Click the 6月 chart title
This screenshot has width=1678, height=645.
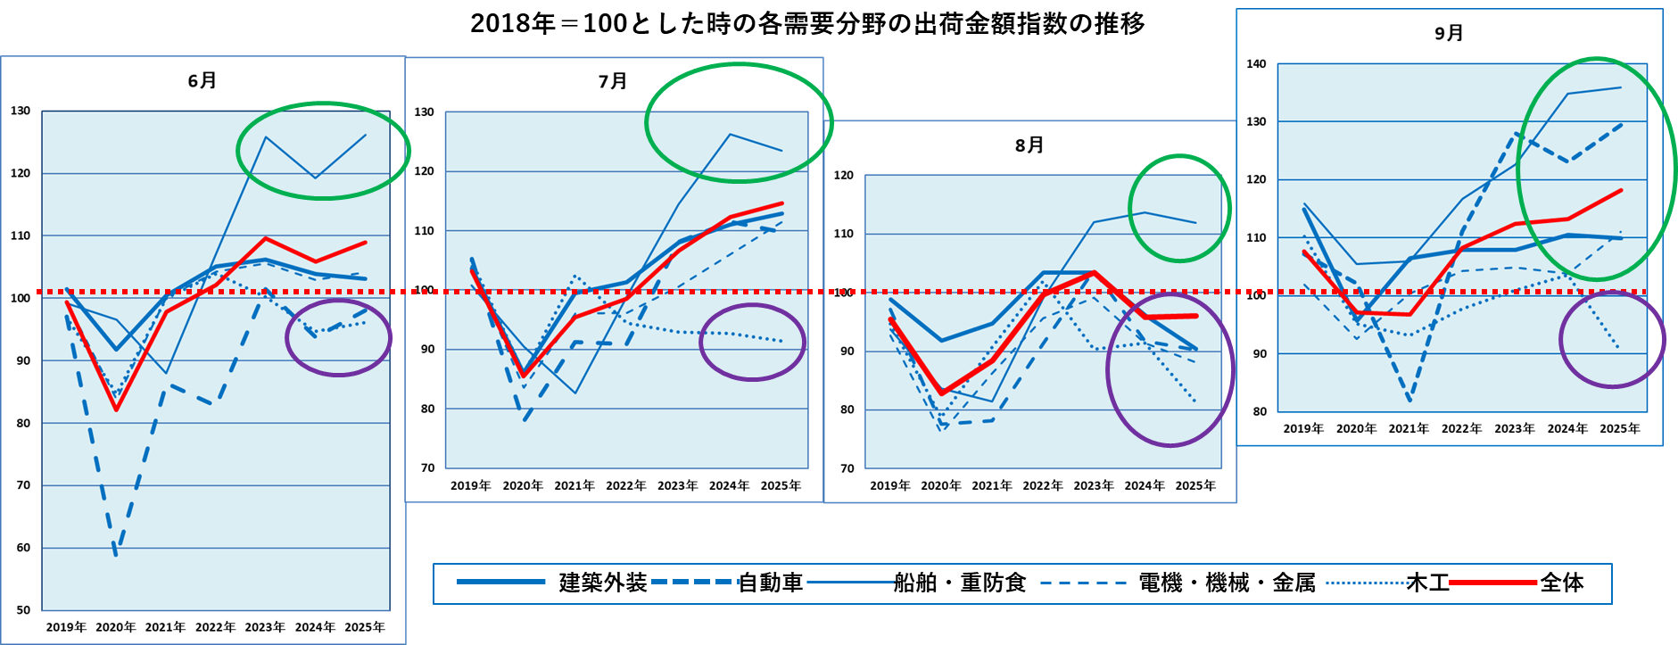coord(203,80)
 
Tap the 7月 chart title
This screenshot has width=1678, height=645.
coord(613,81)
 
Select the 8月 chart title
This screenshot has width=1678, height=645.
coord(1029,145)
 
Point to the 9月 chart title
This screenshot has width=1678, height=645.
coord(1449,33)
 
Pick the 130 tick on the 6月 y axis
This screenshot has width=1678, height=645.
coord(21,111)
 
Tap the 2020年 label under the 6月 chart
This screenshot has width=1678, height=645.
coord(116,627)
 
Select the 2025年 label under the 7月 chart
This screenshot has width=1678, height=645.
coord(781,485)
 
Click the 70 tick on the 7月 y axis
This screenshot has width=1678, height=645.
coord(428,467)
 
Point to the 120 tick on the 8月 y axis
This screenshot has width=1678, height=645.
coord(844,175)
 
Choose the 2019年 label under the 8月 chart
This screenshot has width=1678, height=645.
coord(890,485)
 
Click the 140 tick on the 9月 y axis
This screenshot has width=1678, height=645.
coord(1256,63)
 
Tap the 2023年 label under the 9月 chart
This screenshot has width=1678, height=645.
coord(1515,428)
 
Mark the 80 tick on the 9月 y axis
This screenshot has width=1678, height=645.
coord(1260,411)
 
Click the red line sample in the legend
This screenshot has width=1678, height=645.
coord(1492,583)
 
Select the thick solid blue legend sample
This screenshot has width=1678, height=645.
coord(500,582)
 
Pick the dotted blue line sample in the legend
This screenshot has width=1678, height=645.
coord(1368,583)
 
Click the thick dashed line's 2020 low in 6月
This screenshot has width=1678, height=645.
coord(116,555)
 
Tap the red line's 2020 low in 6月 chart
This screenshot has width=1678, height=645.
coord(116,409)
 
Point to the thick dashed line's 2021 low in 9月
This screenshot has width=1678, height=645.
coord(1409,400)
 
